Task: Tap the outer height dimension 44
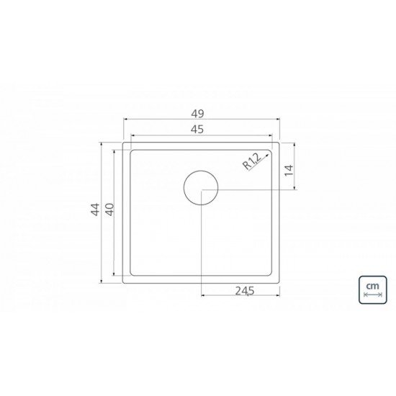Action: click(x=94, y=210)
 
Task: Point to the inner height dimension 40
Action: click(x=109, y=210)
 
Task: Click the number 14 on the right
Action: click(x=289, y=170)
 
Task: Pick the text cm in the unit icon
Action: click(x=372, y=287)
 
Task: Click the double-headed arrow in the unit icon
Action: click(x=372, y=296)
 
